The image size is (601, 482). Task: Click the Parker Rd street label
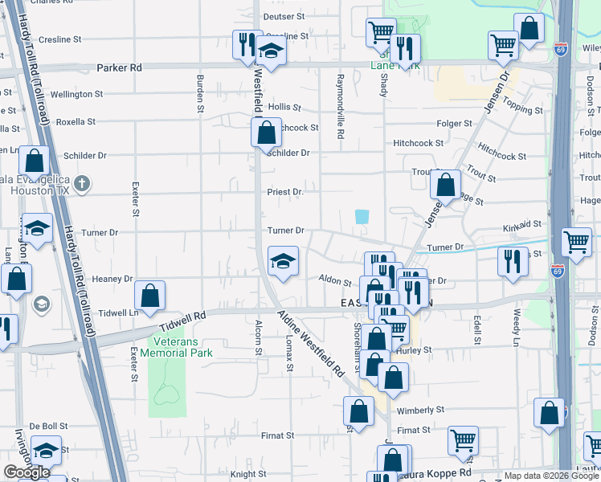click(x=119, y=68)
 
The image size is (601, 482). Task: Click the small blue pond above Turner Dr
click(x=362, y=217)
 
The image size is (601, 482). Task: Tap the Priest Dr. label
click(x=286, y=192)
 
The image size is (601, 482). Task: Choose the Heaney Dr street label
click(x=112, y=279)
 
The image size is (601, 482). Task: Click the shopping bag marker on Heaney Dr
click(x=150, y=296)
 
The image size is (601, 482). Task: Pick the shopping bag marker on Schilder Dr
click(x=266, y=131)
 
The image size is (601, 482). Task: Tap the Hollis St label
click(x=284, y=107)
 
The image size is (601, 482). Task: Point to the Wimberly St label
click(x=420, y=410)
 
